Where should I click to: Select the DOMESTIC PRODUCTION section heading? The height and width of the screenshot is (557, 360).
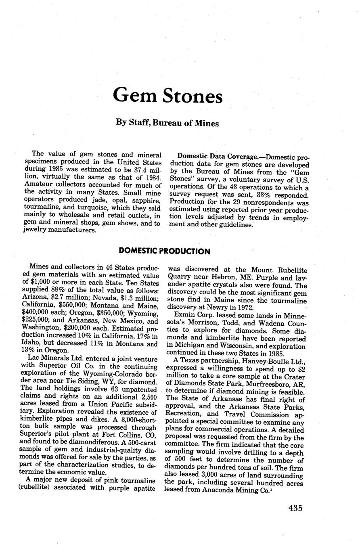(x=165, y=251)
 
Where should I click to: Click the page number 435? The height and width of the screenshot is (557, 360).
(x=295, y=508)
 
